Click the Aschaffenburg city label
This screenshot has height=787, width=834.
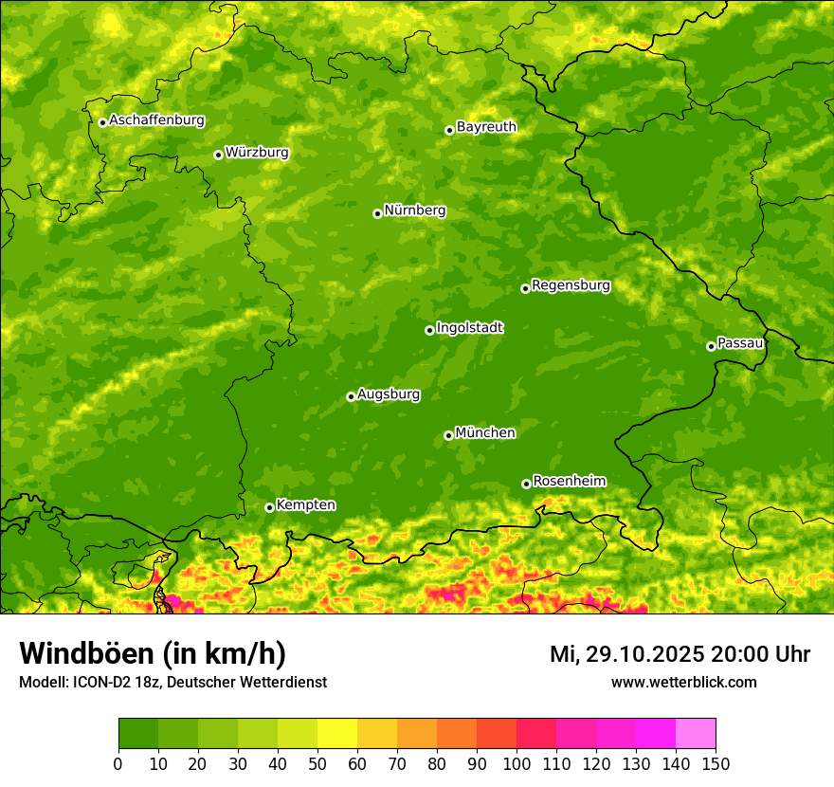coord(156,120)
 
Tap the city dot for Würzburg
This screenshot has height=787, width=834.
coord(218,155)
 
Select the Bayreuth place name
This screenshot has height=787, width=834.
coord(486,127)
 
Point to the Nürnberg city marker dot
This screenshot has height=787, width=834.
coord(377,213)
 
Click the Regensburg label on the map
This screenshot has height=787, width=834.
coord(571,285)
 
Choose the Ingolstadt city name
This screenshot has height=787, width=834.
coord(469,328)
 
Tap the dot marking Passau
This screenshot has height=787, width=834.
coord(711,346)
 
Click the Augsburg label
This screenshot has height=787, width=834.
coord(389,394)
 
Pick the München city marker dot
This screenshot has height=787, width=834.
coord(448,435)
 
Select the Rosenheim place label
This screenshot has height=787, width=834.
coord(569,481)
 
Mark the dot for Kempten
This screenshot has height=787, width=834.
coord(269,507)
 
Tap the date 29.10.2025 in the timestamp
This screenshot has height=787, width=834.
coord(645,654)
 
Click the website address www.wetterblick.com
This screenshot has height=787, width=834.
coord(683,683)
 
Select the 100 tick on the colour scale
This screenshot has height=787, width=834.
coord(517,763)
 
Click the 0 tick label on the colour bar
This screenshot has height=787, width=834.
coord(118,763)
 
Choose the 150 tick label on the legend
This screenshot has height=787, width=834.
coord(716,763)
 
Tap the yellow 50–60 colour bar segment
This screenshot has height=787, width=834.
coord(337,734)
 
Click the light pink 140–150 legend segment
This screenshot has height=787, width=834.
coord(696,734)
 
